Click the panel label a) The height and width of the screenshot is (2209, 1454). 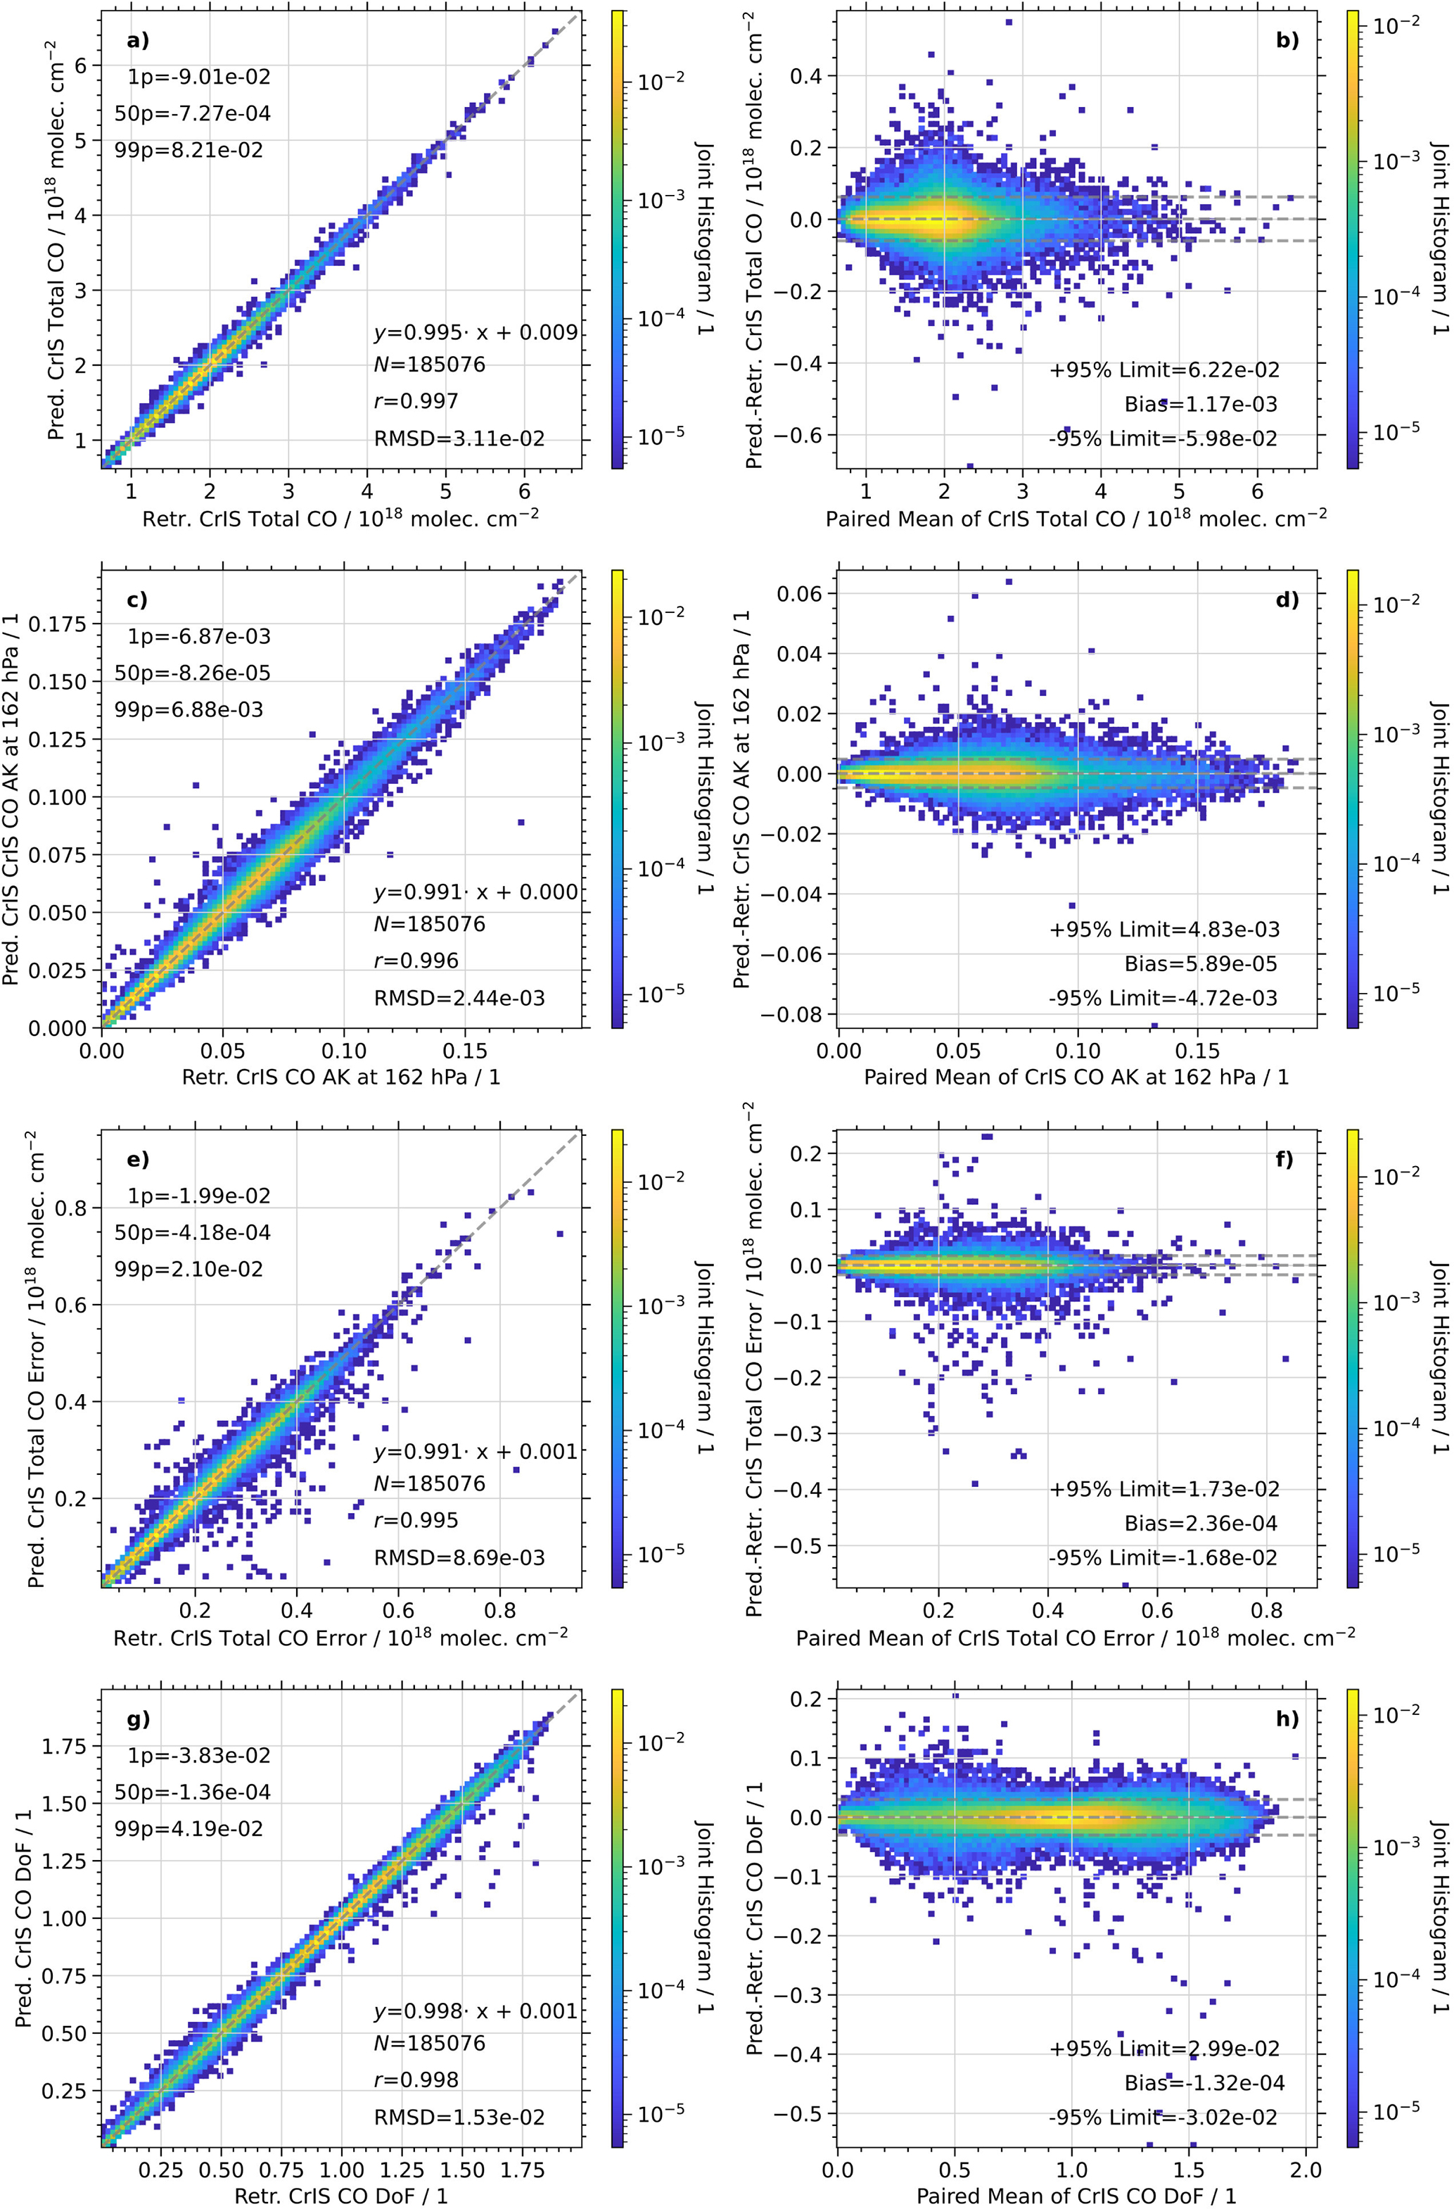pos(137,40)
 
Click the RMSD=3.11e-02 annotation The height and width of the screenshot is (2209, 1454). pos(459,439)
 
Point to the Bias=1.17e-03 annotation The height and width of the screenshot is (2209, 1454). pos(1201,405)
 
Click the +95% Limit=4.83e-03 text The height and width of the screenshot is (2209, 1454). pos(1164,929)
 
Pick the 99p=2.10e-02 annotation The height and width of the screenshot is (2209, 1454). pos(189,1269)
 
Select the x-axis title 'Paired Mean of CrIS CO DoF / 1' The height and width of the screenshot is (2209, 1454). pos(1076,2196)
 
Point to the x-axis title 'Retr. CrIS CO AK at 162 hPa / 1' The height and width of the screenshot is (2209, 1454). pos(340,1077)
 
